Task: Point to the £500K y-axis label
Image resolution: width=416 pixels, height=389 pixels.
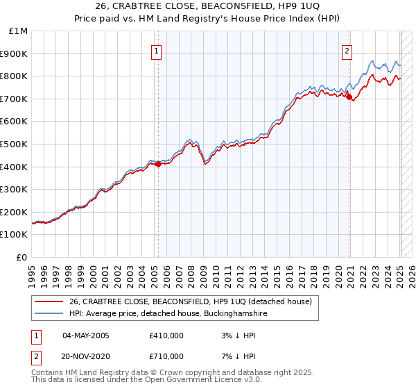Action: [x=15, y=144]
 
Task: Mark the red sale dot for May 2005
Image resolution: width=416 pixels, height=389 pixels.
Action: [x=158, y=165]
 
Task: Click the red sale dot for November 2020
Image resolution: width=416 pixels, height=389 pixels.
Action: [x=349, y=97]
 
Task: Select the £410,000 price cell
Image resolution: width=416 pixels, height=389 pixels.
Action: [x=166, y=336]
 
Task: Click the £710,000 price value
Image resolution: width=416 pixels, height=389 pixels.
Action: [x=166, y=356]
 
